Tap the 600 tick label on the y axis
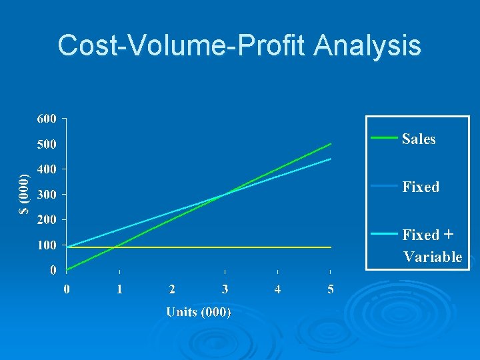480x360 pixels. [46, 119]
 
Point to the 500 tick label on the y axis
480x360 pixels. [46, 144]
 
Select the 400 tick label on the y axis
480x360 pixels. [46, 169]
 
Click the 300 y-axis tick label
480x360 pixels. [46, 195]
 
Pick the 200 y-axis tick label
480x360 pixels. [46, 219]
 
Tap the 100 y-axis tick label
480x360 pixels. [46, 245]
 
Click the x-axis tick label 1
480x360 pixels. [119, 289]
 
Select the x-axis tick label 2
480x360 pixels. [172, 289]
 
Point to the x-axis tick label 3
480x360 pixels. [225, 289]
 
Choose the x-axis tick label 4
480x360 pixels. [278, 289]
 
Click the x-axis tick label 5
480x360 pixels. [331, 289]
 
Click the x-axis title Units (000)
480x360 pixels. [199, 312]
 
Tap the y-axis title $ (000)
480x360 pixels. [24, 194]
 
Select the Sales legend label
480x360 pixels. [419, 139]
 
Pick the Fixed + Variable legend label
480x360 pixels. [432, 246]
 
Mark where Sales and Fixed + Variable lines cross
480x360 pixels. [224, 195]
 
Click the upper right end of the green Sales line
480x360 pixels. [331, 144]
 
